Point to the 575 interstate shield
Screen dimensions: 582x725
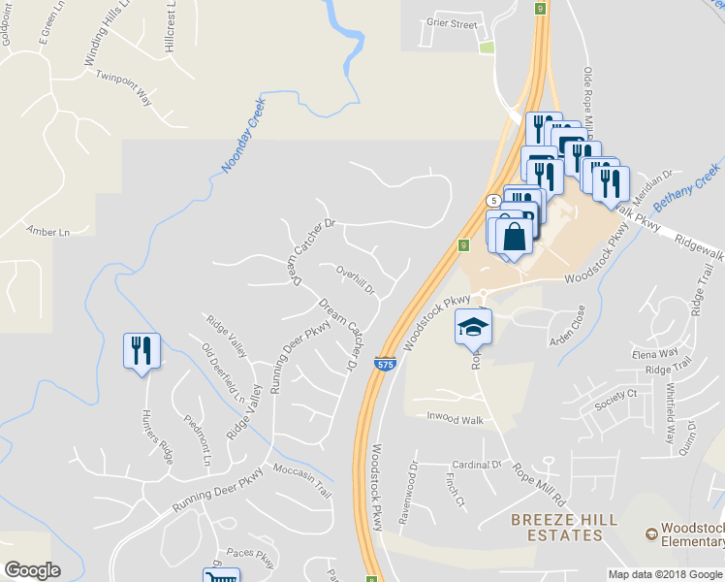(386, 365)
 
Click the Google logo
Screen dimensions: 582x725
(32, 570)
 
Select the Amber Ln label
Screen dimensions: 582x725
(48, 232)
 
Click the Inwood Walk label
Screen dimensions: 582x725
(455, 418)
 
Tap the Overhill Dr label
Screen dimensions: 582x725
(355, 277)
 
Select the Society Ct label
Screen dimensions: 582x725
(617, 394)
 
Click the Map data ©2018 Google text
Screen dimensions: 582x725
(664, 574)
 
